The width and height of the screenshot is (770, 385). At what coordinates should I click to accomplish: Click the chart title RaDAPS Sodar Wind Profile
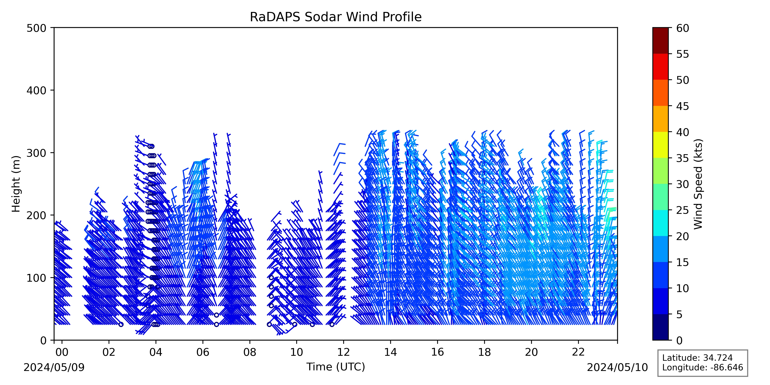[x=336, y=17]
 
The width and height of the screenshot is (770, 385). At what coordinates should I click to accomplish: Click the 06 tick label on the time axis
[x=203, y=352]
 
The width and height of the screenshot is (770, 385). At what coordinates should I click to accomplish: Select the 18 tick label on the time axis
[x=484, y=352]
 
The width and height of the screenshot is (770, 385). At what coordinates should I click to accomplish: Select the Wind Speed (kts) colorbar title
[x=698, y=184]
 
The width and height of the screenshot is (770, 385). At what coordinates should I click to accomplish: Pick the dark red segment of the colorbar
[x=660, y=41]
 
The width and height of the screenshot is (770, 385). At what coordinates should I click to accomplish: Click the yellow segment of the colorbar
[x=660, y=145]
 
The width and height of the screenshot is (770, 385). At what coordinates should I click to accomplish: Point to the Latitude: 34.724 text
[x=697, y=358]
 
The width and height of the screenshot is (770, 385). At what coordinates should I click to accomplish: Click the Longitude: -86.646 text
[x=702, y=367]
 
